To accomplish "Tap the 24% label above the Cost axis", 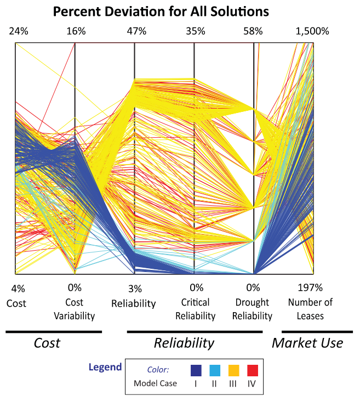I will point(17,31).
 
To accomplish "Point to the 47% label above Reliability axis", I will point(136,31).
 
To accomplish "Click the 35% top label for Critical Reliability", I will point(196,31).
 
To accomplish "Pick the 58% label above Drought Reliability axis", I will point(254,31).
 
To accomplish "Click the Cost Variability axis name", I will point(75,309).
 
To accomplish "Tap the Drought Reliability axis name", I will point(253,309).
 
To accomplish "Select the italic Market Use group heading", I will point(307,343).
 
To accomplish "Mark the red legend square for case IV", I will point(252,369).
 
